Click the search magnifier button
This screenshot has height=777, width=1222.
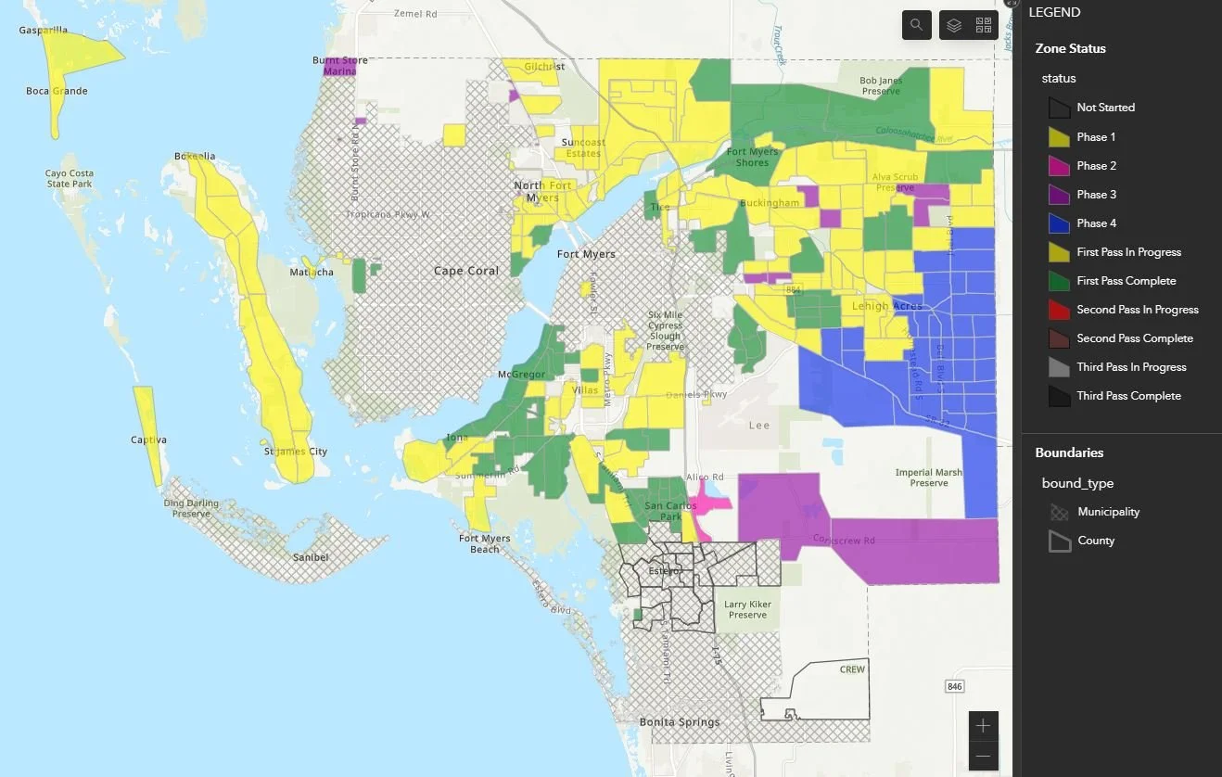pyautogui.click(x=916, y=25)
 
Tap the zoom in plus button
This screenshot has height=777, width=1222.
pyautogui.click(x=984, y=725)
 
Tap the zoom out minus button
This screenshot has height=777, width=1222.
pyautogui.click(x=984, y=757)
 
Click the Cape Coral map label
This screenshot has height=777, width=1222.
pyautogui.click(x=466, y=271)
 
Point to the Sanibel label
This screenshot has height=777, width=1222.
pyautogui.click(x=310, y=557)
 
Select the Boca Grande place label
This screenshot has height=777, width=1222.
pyautogui.click(x=57, y=91)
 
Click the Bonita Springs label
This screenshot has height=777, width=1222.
pyautogui.click(x=680, y=722)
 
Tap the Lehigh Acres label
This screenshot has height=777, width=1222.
pyautogui.click(x=887, y=306)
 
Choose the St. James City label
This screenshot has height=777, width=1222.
pyautogui.click(x=296, y=452)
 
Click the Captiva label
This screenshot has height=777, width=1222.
pyautogui.click(x=148, y=439)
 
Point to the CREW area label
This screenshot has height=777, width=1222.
pyautogui.click(x=852, y=669)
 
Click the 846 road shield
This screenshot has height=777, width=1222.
pyautogui.click(x=954, y=686)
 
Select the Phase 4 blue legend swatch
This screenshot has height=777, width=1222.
pyautogui.click(x=1059, y=223)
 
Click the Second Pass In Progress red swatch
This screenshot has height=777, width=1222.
pyautogui.click(x=1059, y=310)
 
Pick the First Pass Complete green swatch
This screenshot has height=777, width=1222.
pyautogui.click(x=1059, y=281)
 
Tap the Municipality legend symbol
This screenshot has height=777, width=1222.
pyautogui.click(x=1059, y=512)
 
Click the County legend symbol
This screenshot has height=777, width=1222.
pyautogui.click(x=1059, y=541)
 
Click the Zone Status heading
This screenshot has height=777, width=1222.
pyautogui.click(x=1070, y=48)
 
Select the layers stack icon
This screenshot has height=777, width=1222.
pyautogui.click(x=954, y=25)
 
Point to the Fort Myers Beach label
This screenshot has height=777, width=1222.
pyautogui.click(x=484, y=543)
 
